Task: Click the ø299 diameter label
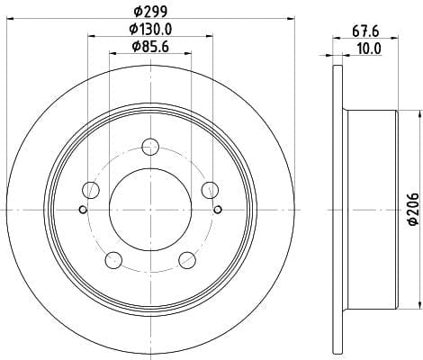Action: pyautogui.click(x=150, y=12)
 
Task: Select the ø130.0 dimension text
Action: pyautogui.click(x=150, y=29)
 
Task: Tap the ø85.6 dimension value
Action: pyautogui.click(x=150, y=47)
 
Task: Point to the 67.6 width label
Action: pyautogui.click(x=365, y=31)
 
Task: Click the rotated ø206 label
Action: pyautogui.click(x=414, y=209)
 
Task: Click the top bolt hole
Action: pyautogui.click(x=150, y=147)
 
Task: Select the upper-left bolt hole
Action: pyautogui.click(x=91, y=190)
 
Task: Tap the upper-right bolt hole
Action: pyautogui.click(x=210, y=190)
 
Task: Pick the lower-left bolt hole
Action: pyautogui.click(x=113, y=260)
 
